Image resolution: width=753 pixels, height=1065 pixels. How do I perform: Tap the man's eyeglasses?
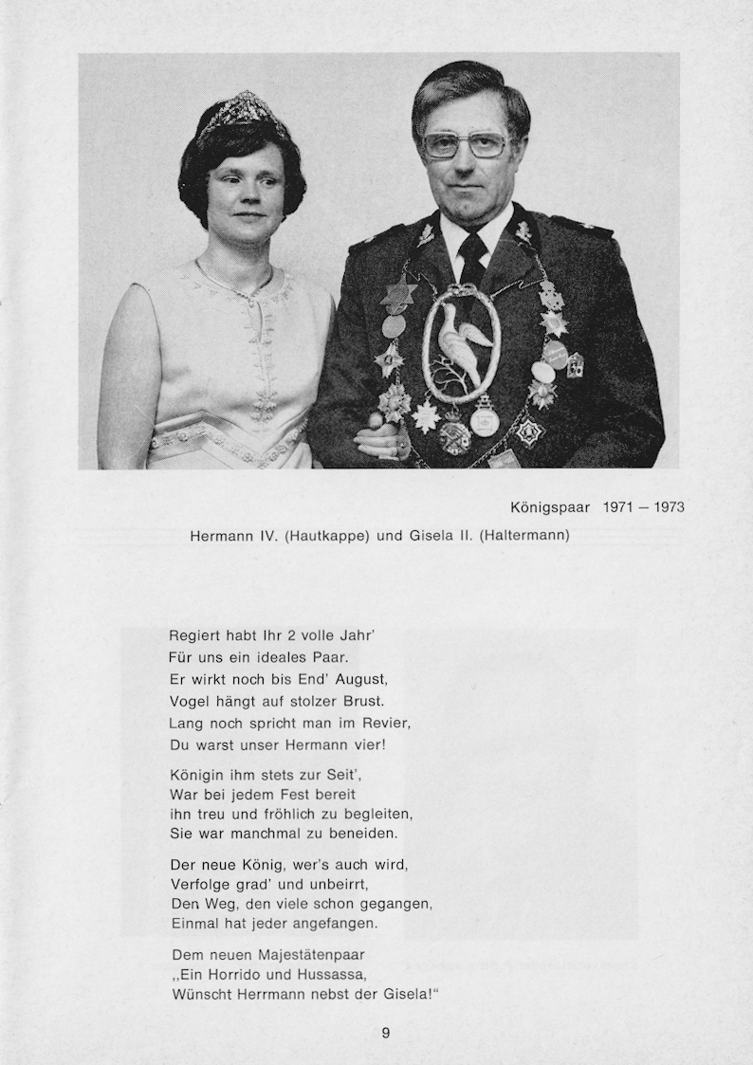[x=465, y=144]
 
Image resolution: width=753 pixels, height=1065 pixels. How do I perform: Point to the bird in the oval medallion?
[x=462, y=340]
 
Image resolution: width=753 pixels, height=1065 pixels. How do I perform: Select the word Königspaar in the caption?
[x=550, y=507]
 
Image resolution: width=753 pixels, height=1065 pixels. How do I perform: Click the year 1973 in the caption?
[x=668, y=507]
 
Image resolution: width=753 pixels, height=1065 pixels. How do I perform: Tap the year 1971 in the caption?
[x=619, y=507]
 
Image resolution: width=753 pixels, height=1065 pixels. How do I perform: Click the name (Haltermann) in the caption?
[x=524, y=535]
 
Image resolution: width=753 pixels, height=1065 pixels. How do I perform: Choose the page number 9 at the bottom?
[x=385, y=1033]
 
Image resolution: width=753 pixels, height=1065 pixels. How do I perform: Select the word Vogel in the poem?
[x=190, y=701]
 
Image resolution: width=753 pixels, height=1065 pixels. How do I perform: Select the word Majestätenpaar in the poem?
[x=309, y=953]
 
